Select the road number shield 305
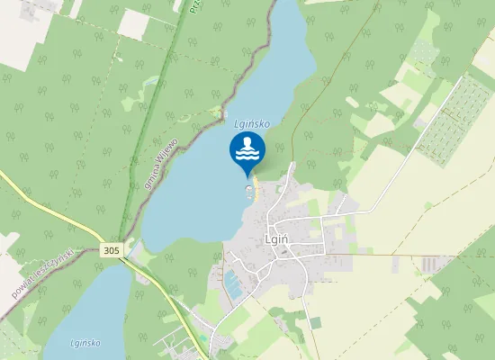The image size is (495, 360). (x=112, y=249)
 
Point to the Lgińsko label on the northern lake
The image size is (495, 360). (x=251, y=122)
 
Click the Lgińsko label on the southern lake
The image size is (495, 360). (x=84, y=343)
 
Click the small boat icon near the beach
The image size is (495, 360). (x=249, y=189)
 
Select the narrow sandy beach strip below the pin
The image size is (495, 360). (x=256, y=187)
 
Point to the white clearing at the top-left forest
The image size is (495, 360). (x=134, y=23)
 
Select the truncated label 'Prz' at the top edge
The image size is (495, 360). (x=194, y=7)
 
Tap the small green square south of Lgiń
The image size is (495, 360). (x=315, y=322)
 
